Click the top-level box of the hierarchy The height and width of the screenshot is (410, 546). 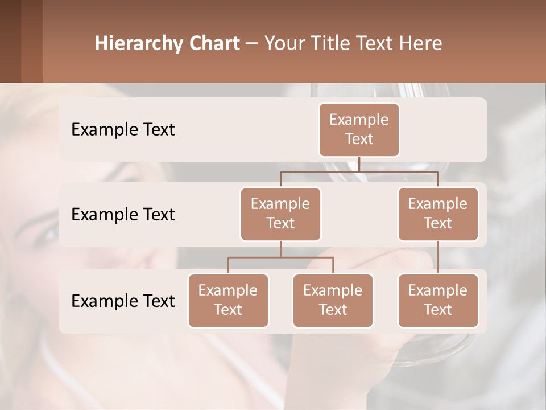359,130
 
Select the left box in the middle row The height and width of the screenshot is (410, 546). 280,214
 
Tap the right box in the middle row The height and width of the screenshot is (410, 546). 438,214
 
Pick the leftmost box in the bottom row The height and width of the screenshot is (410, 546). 228,301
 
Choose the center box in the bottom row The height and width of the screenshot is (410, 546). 333,301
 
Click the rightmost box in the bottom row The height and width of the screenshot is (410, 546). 438,301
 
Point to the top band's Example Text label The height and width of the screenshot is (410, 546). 123,130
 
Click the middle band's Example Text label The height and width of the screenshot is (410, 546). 123,215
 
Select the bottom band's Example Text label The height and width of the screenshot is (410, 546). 123,301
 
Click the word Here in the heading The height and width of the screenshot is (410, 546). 421,43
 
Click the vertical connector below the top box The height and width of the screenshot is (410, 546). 359,164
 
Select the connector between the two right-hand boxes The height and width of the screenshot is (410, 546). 438,257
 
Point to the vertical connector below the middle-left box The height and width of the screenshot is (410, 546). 280,249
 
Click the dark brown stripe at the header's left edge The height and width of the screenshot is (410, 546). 10,41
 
